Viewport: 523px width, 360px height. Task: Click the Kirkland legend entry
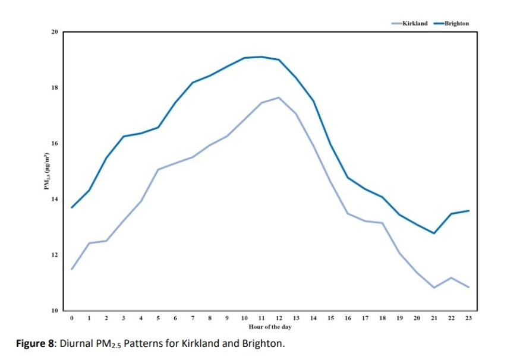click(415, 23)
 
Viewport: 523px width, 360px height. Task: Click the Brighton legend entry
click(456, 23)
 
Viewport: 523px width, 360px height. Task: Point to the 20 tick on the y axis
click(55, 32)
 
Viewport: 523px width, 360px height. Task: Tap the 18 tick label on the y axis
click(55, 88)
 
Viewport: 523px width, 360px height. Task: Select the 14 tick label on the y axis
click(55, 199)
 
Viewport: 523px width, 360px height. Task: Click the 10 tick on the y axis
click(55, 311)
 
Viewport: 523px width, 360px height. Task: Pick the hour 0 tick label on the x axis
click(72, 319)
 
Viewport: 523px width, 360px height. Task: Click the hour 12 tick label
click(279, 319)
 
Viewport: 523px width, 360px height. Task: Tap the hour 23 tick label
click(468, 319)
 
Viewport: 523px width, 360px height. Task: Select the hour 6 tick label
click(175, 319)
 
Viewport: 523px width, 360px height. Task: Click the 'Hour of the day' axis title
click(270, 327)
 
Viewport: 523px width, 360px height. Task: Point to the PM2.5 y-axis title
click(46, 172)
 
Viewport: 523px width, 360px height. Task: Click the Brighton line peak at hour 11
click(261, 57)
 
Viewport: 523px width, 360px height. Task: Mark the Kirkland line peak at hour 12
click(279, 97)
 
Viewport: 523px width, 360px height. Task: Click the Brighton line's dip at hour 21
click(434, 233)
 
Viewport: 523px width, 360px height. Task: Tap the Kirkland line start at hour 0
click(72, 269)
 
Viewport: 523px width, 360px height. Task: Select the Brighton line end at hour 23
click(468, 211)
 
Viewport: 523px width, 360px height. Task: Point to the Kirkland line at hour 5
click(158, 169)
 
